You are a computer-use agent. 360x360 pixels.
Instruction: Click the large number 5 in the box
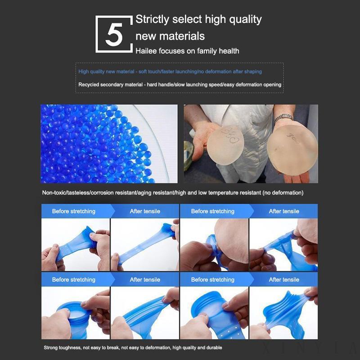coord(114,35)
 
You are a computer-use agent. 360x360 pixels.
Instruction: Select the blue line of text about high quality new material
coord(170,72)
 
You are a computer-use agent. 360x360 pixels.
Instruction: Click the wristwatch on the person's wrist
coord(283,117)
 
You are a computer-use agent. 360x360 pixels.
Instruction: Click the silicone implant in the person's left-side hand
coord(225,145)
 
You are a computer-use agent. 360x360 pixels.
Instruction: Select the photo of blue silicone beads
coord(109,144)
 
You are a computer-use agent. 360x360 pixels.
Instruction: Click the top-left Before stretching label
coord(74,211)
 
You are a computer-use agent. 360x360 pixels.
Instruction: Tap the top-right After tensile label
coord(284,211)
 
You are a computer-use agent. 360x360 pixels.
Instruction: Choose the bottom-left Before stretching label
coord(74,279)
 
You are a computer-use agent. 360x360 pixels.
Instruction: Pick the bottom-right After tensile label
coord(284,279)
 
